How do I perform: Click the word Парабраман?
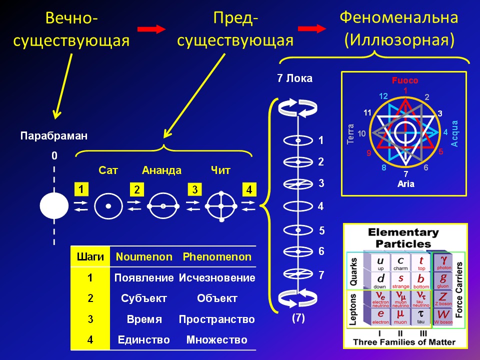coord(54,135)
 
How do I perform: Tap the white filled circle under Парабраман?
coord(54,205)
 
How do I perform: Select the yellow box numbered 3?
coord(194,189)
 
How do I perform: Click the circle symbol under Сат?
coord(108,206)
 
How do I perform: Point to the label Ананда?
coord(162,170)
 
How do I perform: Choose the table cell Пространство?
coord(217,319)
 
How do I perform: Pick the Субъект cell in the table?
coord(144,298)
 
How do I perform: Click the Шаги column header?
coord(90,257)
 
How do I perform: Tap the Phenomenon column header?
coord(217,257)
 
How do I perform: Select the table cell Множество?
coord(217,340)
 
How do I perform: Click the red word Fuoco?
coord(404,80)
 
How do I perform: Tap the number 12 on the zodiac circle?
coord(383,96)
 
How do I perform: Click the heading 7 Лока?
coord(295,78)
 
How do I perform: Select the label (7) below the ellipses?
coord(298,316)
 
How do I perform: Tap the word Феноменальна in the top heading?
coord(399,18)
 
